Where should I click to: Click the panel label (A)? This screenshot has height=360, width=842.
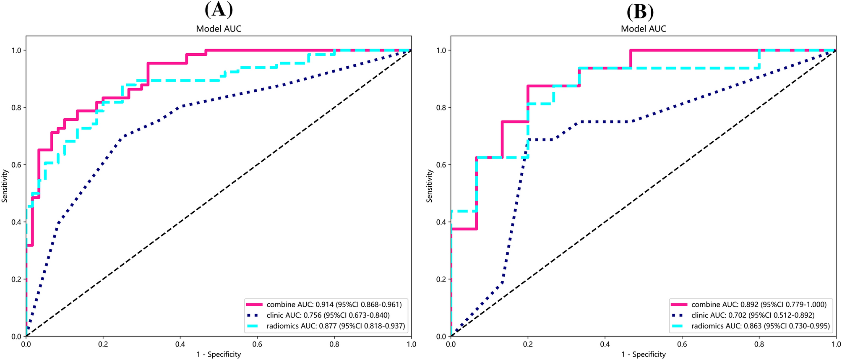point(219,10)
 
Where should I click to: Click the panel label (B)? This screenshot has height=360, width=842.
point(640,11)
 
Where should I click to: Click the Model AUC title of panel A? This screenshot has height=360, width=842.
point(219,29)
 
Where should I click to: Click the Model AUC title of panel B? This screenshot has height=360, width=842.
point(644,29)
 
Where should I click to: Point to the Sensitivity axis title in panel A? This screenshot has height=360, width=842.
point(5,186)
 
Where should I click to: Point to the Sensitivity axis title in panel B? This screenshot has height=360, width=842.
point(429,186)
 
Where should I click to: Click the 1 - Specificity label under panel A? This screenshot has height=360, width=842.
point(219,355)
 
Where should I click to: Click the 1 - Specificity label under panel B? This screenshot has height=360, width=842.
point(644,355)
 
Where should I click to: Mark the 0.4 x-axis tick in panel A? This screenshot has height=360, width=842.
point(180,344)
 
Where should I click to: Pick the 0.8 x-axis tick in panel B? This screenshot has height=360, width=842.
point(759,344)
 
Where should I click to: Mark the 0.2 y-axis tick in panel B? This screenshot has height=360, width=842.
point(441,279)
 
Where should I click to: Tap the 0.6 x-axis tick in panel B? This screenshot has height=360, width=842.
point(682,344)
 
